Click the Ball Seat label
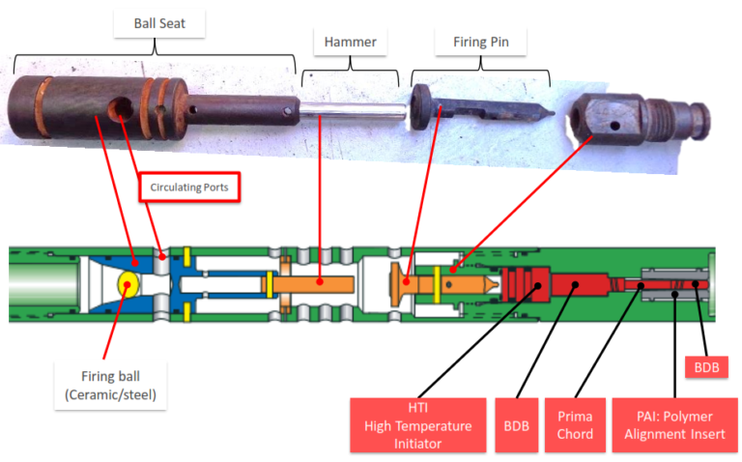point(159,23)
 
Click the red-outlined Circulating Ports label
point(189,188)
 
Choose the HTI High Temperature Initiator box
point(414,425)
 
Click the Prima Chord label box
point(570,425)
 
